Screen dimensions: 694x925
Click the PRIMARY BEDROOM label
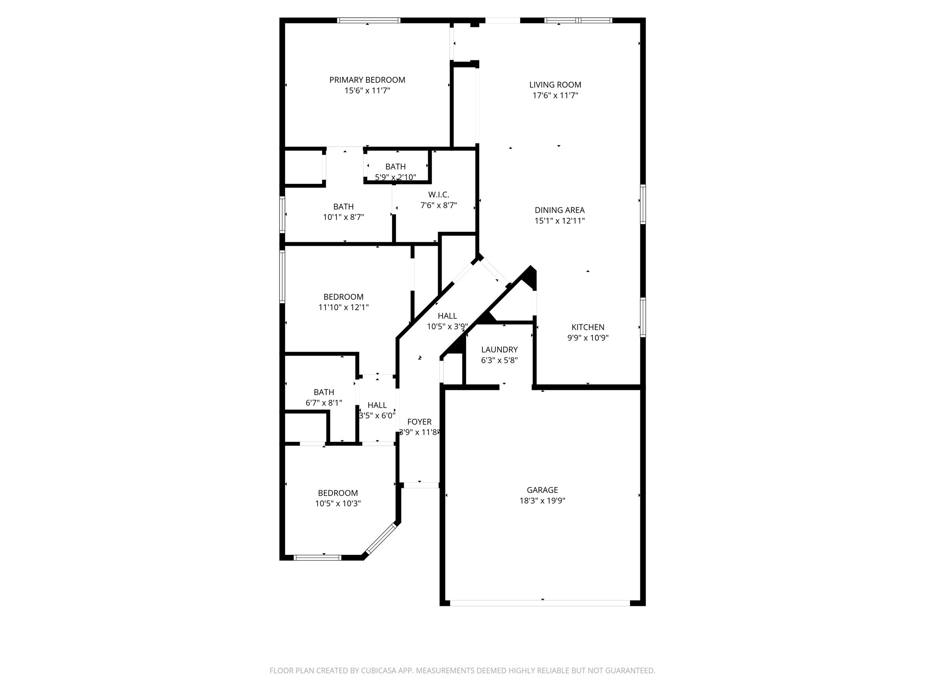[367, 80]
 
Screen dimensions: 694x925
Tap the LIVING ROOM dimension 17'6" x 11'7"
[555, 95]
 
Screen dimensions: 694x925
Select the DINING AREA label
[559, 210]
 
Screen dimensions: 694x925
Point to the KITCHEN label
[588, 327]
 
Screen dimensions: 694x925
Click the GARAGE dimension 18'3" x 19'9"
[542, 501]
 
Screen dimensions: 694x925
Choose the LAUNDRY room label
[499, 350]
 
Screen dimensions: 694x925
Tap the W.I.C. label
[439, 195]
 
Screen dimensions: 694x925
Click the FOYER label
[419, 422]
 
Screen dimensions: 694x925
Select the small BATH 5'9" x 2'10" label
[395, 167]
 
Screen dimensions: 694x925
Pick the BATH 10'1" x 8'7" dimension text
[343, 217]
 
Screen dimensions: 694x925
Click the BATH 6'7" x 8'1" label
[324, 392]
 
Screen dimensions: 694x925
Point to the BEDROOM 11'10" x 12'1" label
[343, 297]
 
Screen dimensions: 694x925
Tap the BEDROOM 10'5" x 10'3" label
[338, 493]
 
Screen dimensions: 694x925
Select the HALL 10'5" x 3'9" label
[447, 316]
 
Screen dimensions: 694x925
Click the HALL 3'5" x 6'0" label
[377, 405]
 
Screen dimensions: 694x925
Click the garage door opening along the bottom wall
[540, 603]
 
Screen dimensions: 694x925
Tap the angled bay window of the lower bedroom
[381, 539]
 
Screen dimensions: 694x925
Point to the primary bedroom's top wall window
[369, 20]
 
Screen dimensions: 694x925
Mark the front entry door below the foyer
[421, 485]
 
